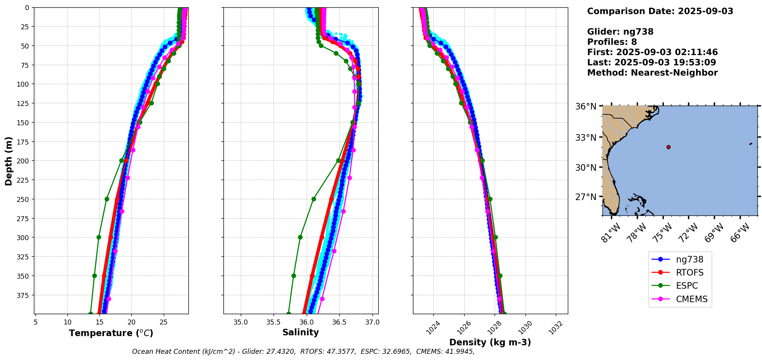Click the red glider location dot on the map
[x=668, y=147]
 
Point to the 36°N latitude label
[x=586, y=106]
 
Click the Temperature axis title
[x=111, y=333]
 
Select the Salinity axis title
[x=300, y=332]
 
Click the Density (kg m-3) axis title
[x=490, y=342]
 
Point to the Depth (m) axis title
[x=8, y=161]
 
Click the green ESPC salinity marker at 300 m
[x=300, y=237]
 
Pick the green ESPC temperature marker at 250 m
[x=107, y=199]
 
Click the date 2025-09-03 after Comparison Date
[x=705, y=11]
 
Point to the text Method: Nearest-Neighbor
[x=652, y=73]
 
